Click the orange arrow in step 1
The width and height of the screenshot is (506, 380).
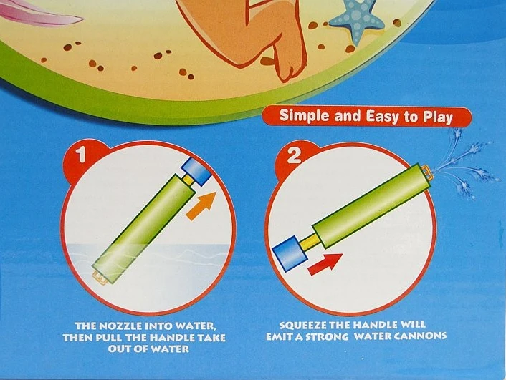[x=201, y=205]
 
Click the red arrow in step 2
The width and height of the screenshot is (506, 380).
[x=325, y=264]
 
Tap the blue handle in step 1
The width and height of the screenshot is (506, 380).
[x=196, y=171]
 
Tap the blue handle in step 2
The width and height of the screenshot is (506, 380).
[x=290, y=253]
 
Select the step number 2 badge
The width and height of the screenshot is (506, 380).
[x=294, y=156]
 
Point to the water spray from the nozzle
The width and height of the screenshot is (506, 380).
[x=464, y=167]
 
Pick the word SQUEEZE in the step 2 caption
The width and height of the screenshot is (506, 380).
[x=302, y=325]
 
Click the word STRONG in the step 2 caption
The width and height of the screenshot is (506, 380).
[x=327, y=337]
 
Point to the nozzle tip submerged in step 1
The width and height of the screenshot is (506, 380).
[x=100, y=278]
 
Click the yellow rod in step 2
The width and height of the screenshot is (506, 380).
[x=309, y=242]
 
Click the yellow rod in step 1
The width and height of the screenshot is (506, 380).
[x=188, y=179]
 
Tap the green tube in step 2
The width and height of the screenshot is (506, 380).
[x=372, y=205]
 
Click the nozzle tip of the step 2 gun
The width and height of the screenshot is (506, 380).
[x=428, y=172]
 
